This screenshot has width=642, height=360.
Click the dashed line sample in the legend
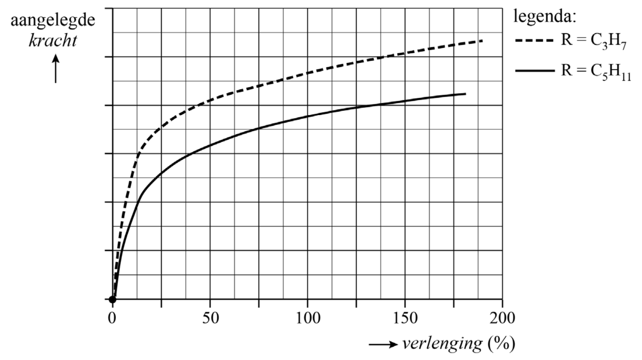pyautogui.click(x=534, y=40)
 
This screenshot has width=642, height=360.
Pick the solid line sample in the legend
pyautogui.click(x=534, y=71)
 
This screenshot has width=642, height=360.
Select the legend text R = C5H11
pyautogui.click(x=596, y=72)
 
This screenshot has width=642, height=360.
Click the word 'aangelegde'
pyautogui.click(x=53, y=20)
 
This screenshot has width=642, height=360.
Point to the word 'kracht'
pyautogui.click(x=53, y=40)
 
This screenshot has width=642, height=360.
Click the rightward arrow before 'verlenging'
pyautogui.click(x=383, y=345)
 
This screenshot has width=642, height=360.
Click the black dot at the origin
pyautogui.click(x=112, y=299)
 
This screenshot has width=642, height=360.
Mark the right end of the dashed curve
pyautogui.click(x=482, y=40)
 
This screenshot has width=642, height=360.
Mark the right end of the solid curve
pyautogui.click(x=465, y=94)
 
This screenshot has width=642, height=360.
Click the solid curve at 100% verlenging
pyautogui.click(x=308, y=116)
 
